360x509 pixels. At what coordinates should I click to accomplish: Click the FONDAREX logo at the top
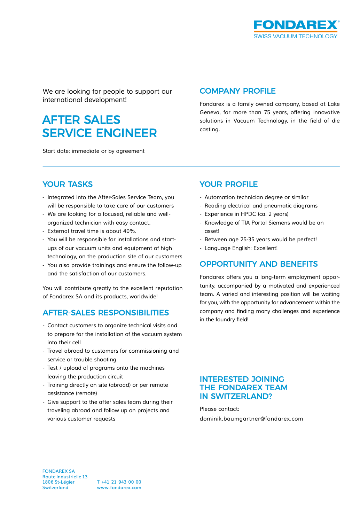point(296,25)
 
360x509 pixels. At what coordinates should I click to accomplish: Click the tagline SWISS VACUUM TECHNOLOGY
point(295,36)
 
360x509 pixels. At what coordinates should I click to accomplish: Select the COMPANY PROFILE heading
point(237,91)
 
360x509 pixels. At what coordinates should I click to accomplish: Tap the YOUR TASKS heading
point(68,185)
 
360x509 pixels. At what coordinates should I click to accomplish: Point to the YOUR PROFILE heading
point(229,185)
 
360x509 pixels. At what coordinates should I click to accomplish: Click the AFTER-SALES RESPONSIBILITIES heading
point(105,313)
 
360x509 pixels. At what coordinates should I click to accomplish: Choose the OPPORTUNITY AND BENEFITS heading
point(258,264)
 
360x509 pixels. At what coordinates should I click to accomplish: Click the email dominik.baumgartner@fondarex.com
point(251,419)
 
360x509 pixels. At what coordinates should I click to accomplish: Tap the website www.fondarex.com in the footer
point(119,488)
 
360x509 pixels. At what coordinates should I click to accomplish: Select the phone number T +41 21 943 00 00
point(119,482)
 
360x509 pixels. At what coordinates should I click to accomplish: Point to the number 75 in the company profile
point(267,112)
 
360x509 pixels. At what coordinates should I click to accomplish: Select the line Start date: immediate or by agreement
point(93,151)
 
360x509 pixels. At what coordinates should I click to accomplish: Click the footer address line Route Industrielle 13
point(65,477)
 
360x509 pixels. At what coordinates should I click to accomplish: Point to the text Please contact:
point(219,409)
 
